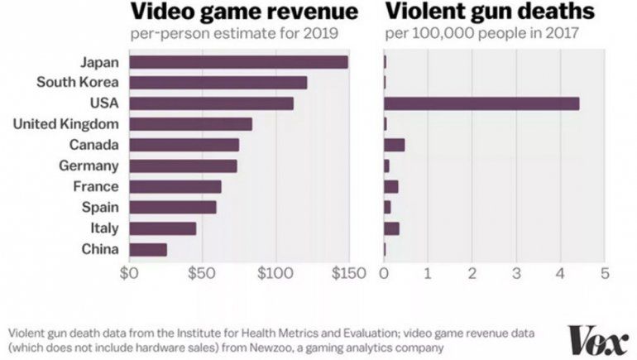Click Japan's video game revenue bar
coord(238,62)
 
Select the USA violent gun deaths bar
coord(481,103)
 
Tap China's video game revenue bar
coord(148,249)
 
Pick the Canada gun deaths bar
coord(394,145)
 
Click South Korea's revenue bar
coord(218,83)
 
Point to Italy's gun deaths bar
coord(391,228)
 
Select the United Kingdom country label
coord(67,124)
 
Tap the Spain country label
coord(100,207)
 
